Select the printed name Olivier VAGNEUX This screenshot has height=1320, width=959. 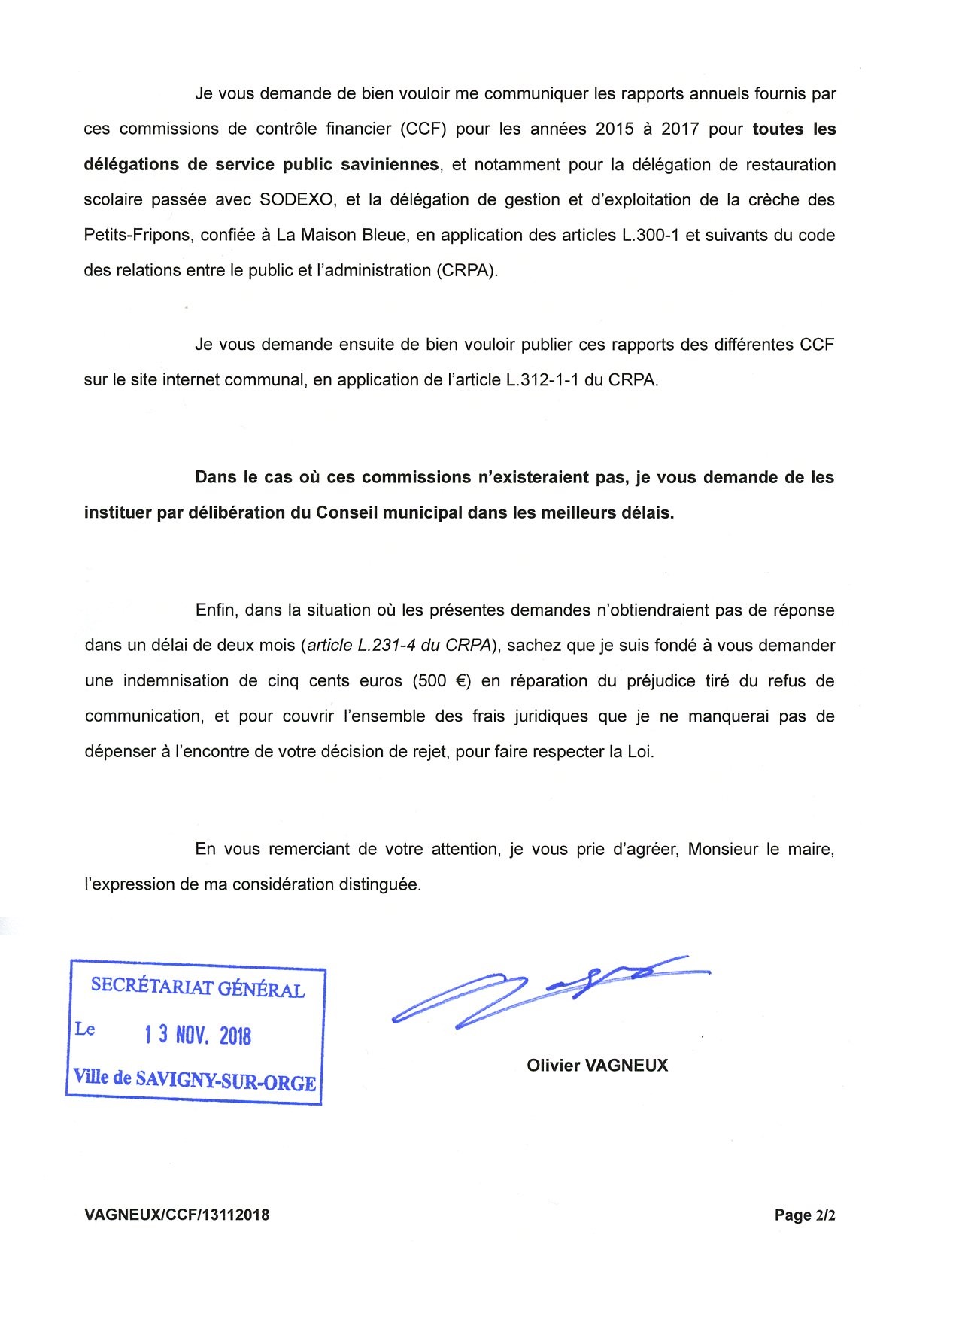(x=597, y=1066)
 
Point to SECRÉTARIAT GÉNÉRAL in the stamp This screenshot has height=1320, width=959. (x=198, y=987)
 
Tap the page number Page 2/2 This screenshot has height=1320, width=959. (x=805, y=1215)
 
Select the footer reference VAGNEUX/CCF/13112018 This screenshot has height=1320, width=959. (x=177, y=1215)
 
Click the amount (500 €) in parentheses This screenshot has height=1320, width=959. (x=442, y=681)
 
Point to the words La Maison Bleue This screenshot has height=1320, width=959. (x=341, y=236)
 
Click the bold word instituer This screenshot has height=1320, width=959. (x=116, y=513)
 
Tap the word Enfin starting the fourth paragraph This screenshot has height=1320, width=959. (x=215, y=610)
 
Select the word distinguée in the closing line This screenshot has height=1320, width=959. (x=378, y=885)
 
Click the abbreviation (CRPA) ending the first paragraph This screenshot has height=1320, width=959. (x=467, y=271)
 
